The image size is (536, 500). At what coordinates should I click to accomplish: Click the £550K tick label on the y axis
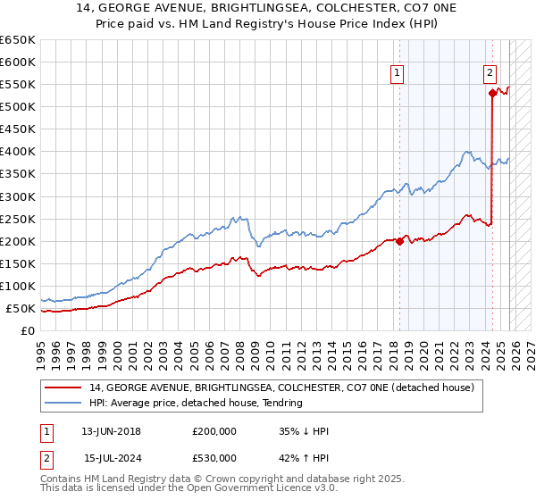coord(17,85)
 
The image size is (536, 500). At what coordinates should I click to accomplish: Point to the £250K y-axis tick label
coord(17,219)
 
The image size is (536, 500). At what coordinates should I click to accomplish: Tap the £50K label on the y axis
coord(21,308)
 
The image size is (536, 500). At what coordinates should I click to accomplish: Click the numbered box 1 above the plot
coord(396,74)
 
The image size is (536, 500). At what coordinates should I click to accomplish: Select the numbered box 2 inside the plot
coord(490,74)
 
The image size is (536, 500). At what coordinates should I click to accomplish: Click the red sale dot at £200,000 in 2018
coord(398,241)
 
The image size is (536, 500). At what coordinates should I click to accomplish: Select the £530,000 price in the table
coord(214,458)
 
